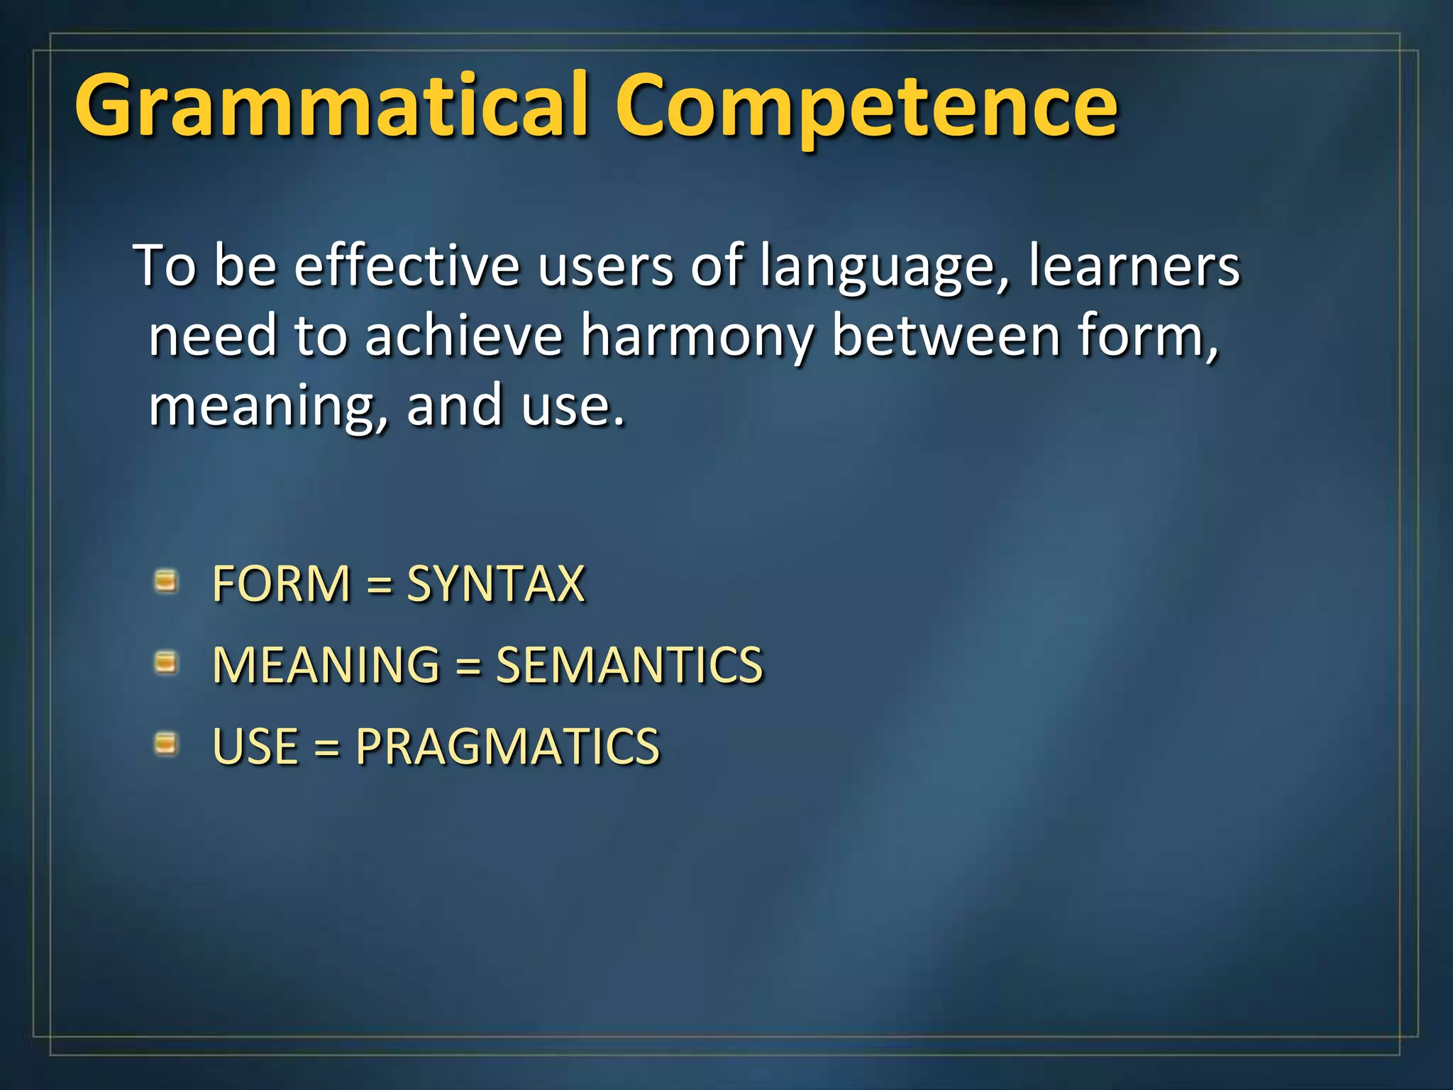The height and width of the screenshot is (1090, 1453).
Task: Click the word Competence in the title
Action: pos(866,106)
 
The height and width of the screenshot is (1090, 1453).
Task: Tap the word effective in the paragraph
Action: pos(407,265)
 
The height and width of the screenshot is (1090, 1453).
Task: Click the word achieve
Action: pos(464,335)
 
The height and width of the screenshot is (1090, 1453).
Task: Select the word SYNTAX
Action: pos(495,583)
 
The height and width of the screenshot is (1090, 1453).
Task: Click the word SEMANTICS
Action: pos(629,665)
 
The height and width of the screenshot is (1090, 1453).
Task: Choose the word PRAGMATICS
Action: pos(507,747)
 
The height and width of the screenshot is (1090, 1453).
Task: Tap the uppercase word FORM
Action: pos(282,583)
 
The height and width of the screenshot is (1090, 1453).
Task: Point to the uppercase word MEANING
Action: pos(326,665)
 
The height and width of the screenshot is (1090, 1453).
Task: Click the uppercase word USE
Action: pos(255,747)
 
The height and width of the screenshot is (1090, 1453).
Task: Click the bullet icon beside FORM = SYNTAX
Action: pos(166,582)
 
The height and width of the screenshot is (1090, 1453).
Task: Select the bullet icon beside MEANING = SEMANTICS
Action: pos(166,664)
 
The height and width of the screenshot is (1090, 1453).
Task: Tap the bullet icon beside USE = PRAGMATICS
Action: pos(166,744)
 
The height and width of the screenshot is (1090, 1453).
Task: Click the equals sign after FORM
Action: pos(380,585)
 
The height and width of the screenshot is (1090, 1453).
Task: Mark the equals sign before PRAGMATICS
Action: pos(326,748)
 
